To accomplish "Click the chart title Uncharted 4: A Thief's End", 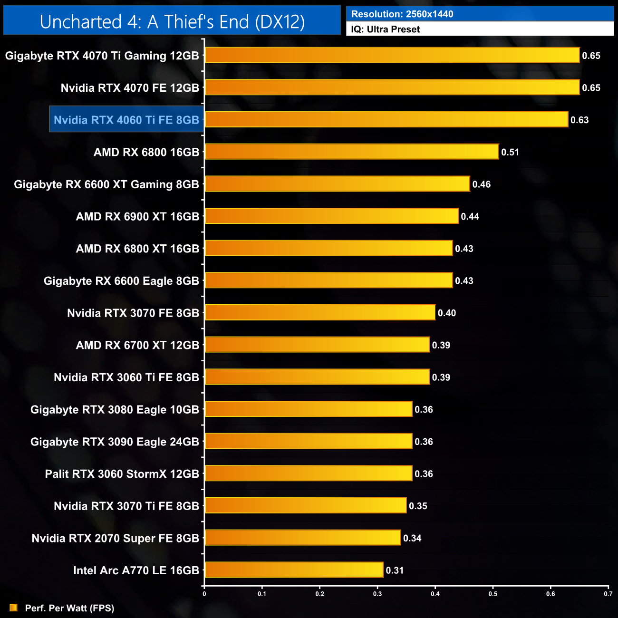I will (x=172, y=22).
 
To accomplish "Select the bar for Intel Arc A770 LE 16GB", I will (x=294, y=570).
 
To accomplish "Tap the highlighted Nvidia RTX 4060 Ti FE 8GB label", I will (x=126, y=120).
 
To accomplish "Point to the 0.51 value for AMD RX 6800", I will (x=510, y=152).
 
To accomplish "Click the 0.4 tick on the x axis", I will (x=435, y=594).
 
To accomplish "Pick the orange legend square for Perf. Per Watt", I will (x=13, y=608).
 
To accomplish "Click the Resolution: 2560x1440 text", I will (x=402, y=14).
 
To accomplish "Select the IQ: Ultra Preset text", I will (x=386, y=29).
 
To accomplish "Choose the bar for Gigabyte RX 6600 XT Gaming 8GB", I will (x=337, y=184).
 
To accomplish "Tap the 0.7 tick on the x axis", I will (x=608, y=594).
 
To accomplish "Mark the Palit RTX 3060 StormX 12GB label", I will (x=122, y=474).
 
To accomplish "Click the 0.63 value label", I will (x=579, y=120).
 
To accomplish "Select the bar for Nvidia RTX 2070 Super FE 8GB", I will (x=302, y=538).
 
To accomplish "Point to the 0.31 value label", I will (x=395, y=570).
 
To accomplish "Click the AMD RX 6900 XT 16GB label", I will (x=138, y=217).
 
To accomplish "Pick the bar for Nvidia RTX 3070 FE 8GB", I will (x=320, y=312).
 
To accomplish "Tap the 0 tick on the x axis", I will (x=204, y=594).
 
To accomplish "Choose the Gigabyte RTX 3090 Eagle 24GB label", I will (x=115, y=442).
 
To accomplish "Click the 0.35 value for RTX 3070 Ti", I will (x=418, y=506).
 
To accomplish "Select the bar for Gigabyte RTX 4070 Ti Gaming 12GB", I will (x=392, y=55).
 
